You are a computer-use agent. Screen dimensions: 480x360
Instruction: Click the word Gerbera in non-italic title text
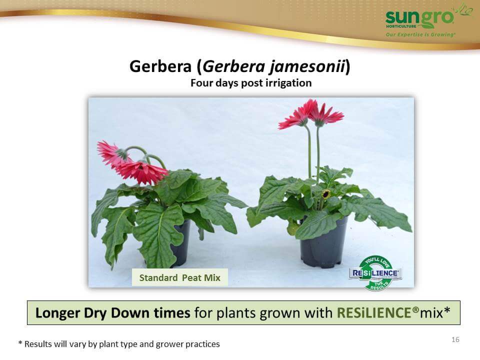tap(160, 66)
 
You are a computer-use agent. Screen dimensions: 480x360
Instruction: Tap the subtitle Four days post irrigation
tap(251, 83)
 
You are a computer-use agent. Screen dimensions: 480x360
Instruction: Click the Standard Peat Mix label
tap(179, 277)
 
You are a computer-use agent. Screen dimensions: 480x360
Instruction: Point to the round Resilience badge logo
tap(375, 273)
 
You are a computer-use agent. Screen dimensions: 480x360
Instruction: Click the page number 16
tap(455, 339)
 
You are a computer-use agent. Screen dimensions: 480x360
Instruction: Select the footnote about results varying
tap(119, 344)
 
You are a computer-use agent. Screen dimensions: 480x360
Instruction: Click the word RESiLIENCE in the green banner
tap(374, 313)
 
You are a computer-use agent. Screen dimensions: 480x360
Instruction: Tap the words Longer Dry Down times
tap(112, 313)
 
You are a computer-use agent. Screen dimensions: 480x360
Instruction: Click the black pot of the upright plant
tap(324, 242)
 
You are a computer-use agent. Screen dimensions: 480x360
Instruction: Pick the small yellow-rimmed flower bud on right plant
tap(325, 194)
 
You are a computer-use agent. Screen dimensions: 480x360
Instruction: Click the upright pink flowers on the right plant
tap(311, 114)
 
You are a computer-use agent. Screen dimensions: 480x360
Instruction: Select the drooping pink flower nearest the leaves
tap(141, 172)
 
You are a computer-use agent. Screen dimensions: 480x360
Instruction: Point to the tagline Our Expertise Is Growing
tap(420, 34)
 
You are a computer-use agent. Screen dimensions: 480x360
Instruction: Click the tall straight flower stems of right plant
tap(313, 153)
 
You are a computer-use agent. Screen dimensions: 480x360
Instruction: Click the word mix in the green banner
tap(431, 313)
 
